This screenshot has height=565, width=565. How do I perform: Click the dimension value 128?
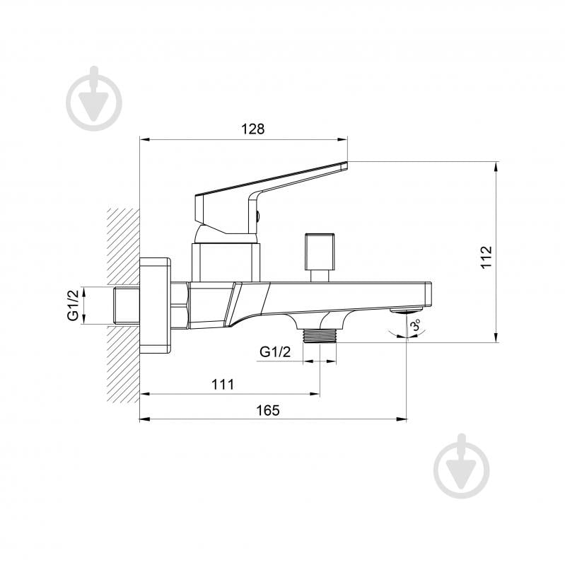(252, 129)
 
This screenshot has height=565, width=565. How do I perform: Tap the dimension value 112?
(486, 257)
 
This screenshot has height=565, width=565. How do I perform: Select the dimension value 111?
(223, 385)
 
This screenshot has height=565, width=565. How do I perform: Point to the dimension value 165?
(268, 410)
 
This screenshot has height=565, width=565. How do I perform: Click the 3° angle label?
(416, 325)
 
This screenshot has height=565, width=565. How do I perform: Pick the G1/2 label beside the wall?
(73, 305)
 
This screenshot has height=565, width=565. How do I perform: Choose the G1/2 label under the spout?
(275, 351)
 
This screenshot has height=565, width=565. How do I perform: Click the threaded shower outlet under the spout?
(320, 335)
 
